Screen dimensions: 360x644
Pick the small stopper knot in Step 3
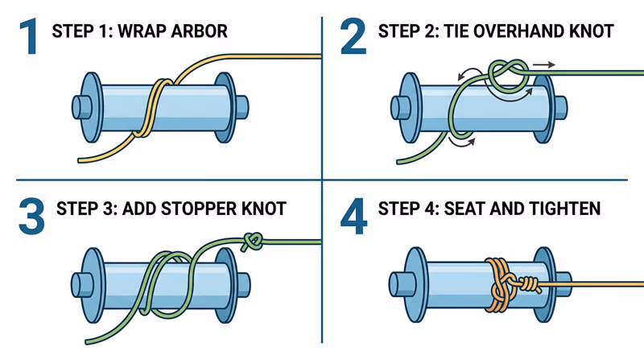click(x=252, y=239)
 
